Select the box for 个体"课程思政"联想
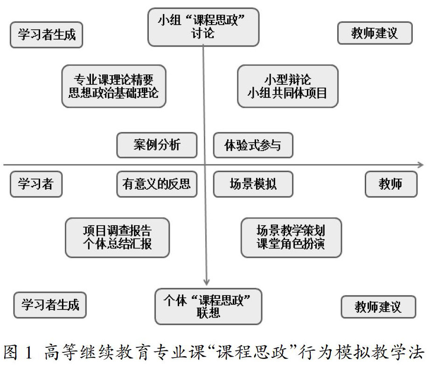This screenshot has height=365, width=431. [x=208, y=306]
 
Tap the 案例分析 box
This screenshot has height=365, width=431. [x=157, y=145]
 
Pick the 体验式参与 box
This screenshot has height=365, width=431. [x=253, y=145]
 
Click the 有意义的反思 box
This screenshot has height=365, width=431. [x=157, y=184]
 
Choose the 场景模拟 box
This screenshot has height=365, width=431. [x=253, y=184]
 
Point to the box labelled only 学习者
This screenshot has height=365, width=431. [x=36, y=184]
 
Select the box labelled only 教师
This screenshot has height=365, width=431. [x=390, y=184]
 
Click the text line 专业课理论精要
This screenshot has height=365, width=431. [x=114, y=79]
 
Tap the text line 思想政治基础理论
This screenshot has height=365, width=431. [x=114, y=93]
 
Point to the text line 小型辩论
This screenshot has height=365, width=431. [x=287, y=79]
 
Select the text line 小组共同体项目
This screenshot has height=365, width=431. [x=287, y=93]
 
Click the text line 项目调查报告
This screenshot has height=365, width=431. [x=117, y=231]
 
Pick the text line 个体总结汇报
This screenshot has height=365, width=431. [x=117, y=244]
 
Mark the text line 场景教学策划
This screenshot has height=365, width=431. [x=291, y=231]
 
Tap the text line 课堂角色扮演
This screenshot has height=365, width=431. [x=291, y=244]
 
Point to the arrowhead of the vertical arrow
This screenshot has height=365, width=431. [x=206, y=281]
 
